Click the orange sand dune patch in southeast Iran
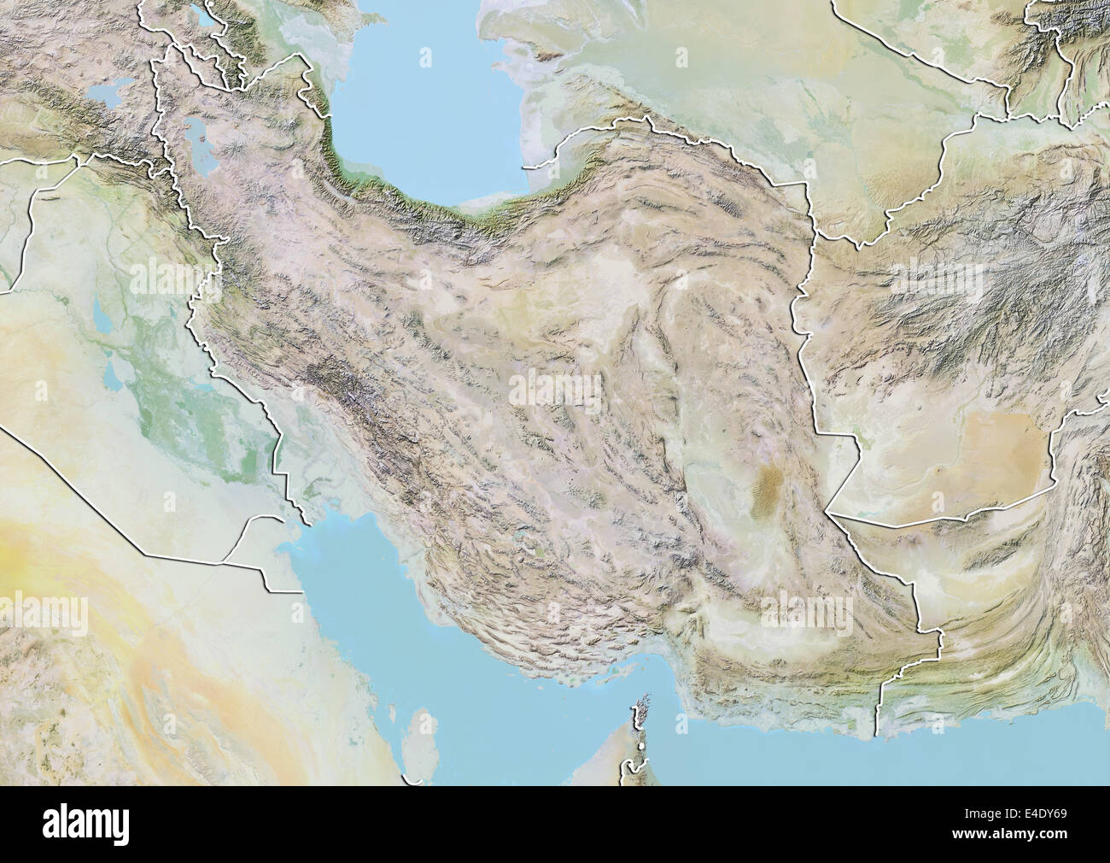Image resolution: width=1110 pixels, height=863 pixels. [766, 493]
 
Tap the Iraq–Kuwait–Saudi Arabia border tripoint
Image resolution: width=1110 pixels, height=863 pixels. [224, 562]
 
